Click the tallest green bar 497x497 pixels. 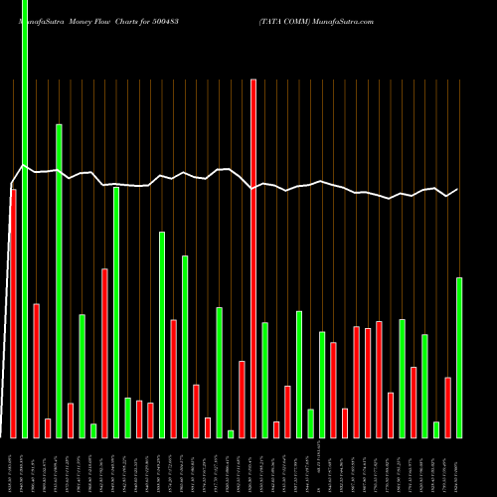tap(25, 219)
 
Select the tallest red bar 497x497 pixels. tap(253, 258)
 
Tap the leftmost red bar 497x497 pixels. tap(13, 313)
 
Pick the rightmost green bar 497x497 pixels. tap(459, 358)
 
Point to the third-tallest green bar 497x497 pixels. tap(116, 312)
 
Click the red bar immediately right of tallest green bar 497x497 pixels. tap(36, 371)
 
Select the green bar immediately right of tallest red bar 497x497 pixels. tap(264, 380)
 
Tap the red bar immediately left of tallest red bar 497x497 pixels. tap(242, 399)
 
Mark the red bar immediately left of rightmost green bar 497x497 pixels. tap(448, 408)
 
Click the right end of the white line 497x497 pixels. tap(458, 189)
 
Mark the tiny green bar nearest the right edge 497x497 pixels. tap(436, 429)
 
